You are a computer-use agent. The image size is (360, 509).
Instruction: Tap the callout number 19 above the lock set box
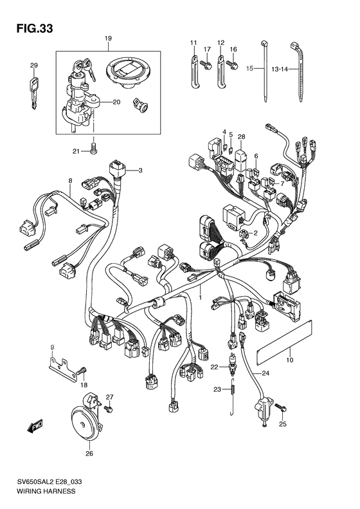107,39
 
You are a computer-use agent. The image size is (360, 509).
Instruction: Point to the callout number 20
116,102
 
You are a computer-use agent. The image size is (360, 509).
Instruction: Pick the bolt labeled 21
94,148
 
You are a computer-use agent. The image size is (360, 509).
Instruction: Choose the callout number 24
265,373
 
